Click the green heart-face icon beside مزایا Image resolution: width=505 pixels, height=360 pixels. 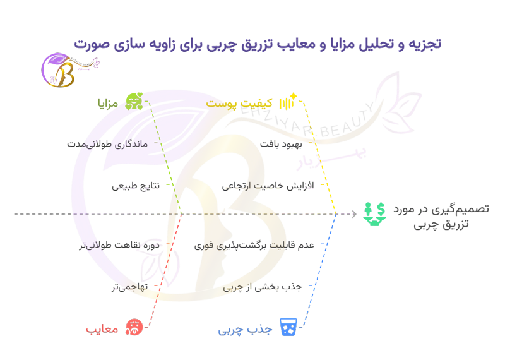click(x=134, y=101)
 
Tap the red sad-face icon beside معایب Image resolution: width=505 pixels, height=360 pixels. click(x=134, y=327)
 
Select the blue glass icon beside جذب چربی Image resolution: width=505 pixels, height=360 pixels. click(x=288, y=327)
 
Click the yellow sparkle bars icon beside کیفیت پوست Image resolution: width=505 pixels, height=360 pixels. click(x=288, y=101)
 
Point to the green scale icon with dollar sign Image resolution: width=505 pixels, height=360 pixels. click(x=374, y=214)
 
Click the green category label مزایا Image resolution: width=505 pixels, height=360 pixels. click(x=108, y=104)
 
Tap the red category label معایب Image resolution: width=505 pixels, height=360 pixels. click(x=102, y=329)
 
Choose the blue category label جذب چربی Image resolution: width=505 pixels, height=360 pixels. click(x=245, y=330)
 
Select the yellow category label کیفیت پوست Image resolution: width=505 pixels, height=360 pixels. click(x=239, y=103)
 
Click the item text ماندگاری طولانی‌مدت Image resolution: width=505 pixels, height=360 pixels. click(x=107, y=144)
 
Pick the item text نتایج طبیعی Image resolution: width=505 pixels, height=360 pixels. click(x=136, y=186)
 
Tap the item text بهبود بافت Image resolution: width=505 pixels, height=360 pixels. click(x=281, y=144)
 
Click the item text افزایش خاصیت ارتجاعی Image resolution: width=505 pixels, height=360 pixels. click(x=268, y=186)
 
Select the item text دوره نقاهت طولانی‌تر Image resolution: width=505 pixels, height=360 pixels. click(x=119, y=245)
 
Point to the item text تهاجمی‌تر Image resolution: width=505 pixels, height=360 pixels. click(x=130, y=287)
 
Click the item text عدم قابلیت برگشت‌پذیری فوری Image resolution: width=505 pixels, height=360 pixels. click(x=254, y=246)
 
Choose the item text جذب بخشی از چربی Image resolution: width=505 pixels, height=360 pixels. click(x=263, y=287)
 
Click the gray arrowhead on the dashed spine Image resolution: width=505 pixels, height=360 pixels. click(x=355, y=214)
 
